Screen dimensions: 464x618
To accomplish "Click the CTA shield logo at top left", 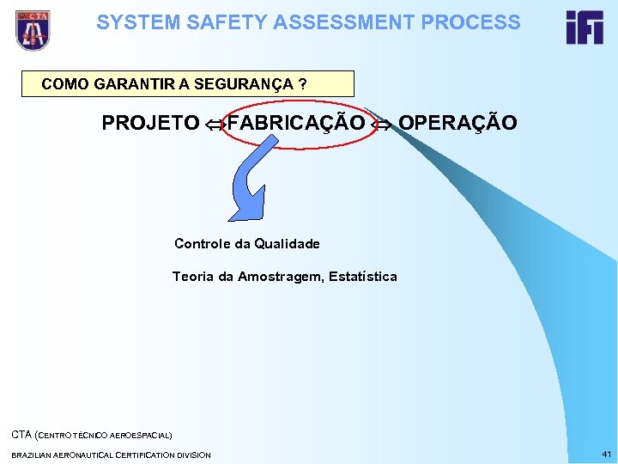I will tap(33, 30).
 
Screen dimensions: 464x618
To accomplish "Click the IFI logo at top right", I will tap(584, 27).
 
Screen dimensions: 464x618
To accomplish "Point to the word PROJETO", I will tap(150, 123).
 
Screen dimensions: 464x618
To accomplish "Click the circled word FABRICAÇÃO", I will tap(296, 123).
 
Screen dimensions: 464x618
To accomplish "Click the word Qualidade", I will tap(287, 244).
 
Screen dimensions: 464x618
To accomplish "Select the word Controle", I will tap(202, 244).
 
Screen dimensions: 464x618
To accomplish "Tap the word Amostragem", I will tap(278, 277).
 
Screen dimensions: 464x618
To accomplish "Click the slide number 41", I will tap(606, 454).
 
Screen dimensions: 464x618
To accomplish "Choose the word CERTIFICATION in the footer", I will tap(133, 455).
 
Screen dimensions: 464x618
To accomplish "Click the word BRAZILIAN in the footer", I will tap(31, 455).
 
